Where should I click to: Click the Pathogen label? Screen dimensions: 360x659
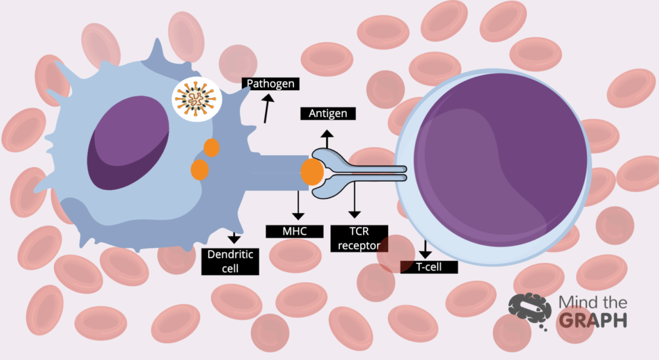click(270, 84)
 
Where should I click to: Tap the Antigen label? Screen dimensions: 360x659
click(328, 113)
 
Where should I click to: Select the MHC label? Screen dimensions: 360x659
click(294, 231)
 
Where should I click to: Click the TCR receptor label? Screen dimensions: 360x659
click(358, 238)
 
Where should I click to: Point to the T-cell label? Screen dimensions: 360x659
click(429, 267)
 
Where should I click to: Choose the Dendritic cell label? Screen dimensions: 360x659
click(230, 261)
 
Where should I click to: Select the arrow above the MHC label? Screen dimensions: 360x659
click(297, 205)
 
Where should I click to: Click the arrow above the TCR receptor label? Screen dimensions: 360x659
click(353, 201)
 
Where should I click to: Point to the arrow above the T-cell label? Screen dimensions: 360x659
click(425, 249)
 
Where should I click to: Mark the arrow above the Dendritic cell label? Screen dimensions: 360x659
click(234, 236)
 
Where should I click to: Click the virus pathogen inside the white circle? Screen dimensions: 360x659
click(196, 99)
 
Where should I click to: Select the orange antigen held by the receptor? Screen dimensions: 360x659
click(313, 173)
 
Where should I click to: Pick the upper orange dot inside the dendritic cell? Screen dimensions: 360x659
click(212, 147)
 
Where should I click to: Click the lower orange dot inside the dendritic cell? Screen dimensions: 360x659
click(200, 169)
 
